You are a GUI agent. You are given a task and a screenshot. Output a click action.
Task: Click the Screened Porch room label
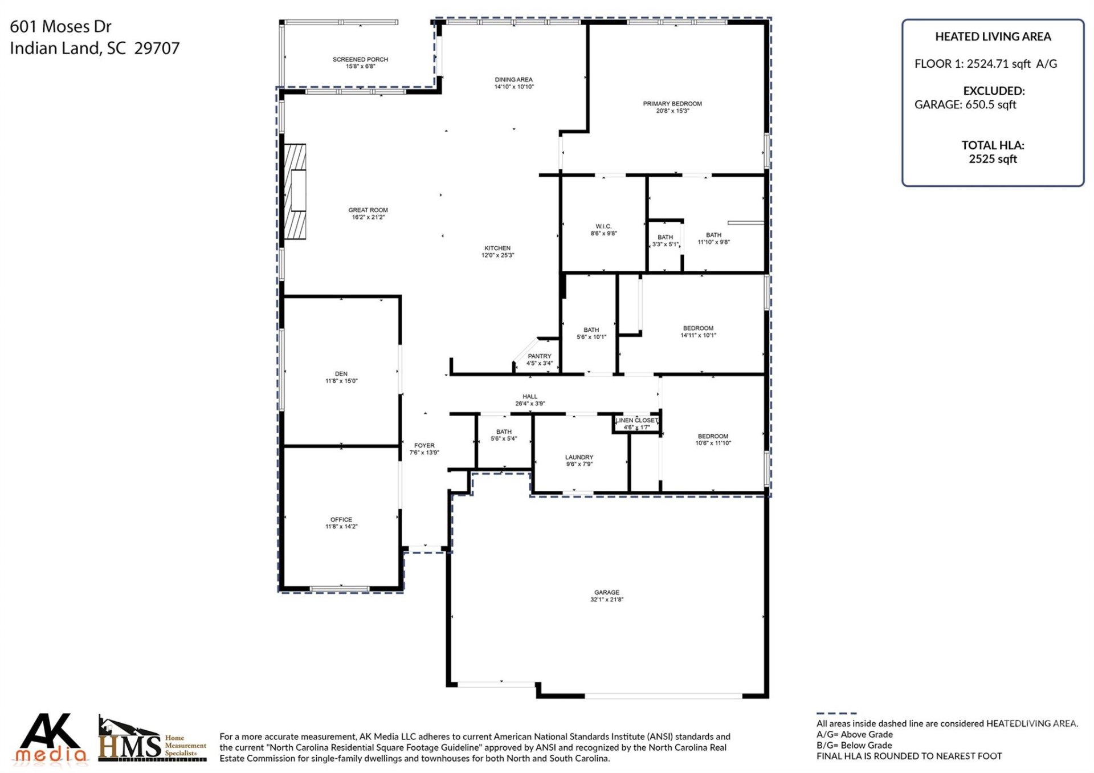pyautogui.click(x=360, y=59)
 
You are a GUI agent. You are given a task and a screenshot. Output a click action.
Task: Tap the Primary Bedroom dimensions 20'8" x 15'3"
pyautogui.click(x=672, y=111)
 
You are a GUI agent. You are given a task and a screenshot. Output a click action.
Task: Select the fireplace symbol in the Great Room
pyautogui.click(x=295, y=191)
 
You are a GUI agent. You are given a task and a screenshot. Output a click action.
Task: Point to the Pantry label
pyautogui.click(x=539, y=356)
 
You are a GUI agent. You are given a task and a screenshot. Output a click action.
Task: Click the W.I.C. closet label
pyautogui.click(x=603, y=226)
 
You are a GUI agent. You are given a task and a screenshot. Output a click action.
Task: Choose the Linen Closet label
pyautogui.click(x=636, y=420)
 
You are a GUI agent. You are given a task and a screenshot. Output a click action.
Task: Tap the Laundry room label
pyautogui.click(x=579, y=457)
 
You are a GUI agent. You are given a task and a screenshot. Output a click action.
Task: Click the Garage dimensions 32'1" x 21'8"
pyautogui.click(x=606, y=600)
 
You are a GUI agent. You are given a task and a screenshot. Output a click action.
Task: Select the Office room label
pyautogui.click(x=341, y=519)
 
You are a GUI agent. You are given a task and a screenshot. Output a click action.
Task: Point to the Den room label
pyautogui.click(x=341, y=374)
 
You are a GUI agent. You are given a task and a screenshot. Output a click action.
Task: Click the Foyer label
pyautogui.click(x=424, y=445)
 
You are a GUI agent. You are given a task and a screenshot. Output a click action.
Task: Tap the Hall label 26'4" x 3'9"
pyautogui.click(x=530, y=400)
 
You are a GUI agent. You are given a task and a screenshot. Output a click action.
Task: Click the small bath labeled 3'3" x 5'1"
pyautogui.click(x=665, y=241)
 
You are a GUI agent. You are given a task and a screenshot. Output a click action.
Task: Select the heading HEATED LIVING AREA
pyautogui.click(x=993, y=36)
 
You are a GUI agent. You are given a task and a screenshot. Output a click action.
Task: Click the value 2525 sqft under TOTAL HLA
pyautogui.click(x=993, y=159)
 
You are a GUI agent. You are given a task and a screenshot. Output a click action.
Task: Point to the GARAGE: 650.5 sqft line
pyautogui.click(x=965, y=105)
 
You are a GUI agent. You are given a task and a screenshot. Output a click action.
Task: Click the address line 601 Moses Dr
pyautogui.click(x=60, y=26)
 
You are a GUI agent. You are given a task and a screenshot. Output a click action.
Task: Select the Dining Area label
pyautogui.click(x=513, y=80)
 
